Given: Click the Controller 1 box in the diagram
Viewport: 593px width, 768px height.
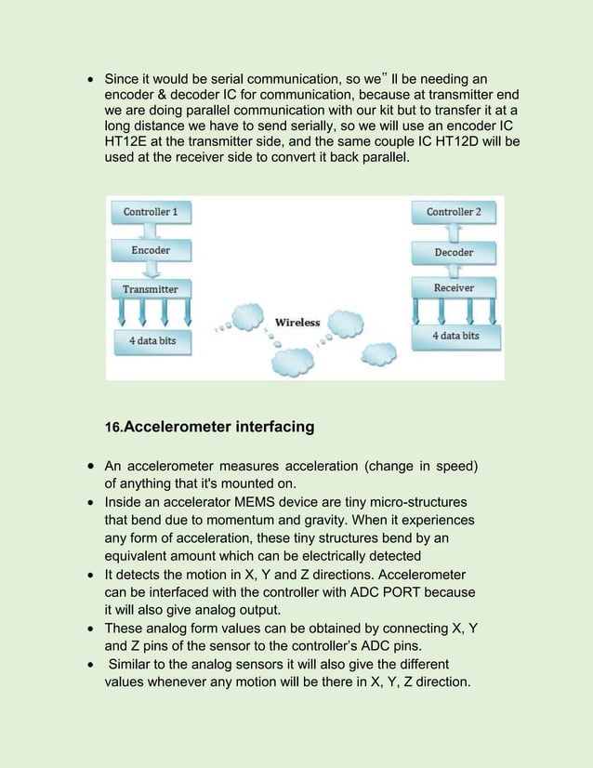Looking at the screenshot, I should (x=150, y=212).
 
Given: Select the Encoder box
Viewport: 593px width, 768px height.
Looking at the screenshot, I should (x=150, y=250).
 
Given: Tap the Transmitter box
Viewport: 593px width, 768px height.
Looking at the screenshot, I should (x=150, y=289).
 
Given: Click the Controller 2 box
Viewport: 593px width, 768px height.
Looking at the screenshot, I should (x=454, y=212).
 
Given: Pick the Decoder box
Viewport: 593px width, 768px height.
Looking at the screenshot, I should (x=454, y=252).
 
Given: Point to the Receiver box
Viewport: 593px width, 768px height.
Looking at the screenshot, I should (x=454, y=288).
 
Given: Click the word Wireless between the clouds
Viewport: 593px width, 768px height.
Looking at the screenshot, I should (x=297, y=323).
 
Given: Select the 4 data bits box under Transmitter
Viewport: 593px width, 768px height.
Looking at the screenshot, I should (x=152, y=341).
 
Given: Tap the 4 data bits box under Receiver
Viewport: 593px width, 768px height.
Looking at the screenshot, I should (x=455, y=336).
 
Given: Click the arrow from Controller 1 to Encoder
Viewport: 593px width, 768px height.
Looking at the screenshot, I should (x=150, y=231).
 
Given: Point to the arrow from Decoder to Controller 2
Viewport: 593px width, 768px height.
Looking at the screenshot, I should (x=454, y=232).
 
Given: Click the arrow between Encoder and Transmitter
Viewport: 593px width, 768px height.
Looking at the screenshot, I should (x=150, y=270).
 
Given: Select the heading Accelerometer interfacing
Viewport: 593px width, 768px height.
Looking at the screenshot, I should (x=218, y=428).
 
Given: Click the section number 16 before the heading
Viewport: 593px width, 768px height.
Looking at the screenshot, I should (x=113, y=429).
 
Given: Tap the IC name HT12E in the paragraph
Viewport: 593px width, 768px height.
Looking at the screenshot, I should (x=125, y=141).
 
